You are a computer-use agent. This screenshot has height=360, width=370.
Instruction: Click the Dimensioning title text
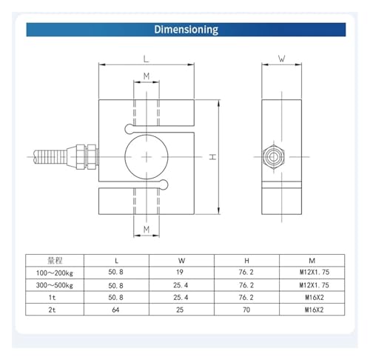186,30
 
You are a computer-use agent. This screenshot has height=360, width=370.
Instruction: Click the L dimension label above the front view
147,59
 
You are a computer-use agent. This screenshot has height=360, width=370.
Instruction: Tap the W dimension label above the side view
281,59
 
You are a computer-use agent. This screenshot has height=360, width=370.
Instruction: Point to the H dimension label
212,157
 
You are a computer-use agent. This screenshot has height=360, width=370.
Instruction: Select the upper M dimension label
147,76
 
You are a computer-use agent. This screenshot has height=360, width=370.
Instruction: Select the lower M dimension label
147,230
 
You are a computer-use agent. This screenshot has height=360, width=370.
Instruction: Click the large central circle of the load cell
147,157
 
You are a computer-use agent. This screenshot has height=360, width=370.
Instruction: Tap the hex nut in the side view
273,157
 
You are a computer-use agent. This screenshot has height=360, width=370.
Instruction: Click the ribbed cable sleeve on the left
50,157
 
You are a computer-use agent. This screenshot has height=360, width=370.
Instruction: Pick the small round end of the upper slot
129,129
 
